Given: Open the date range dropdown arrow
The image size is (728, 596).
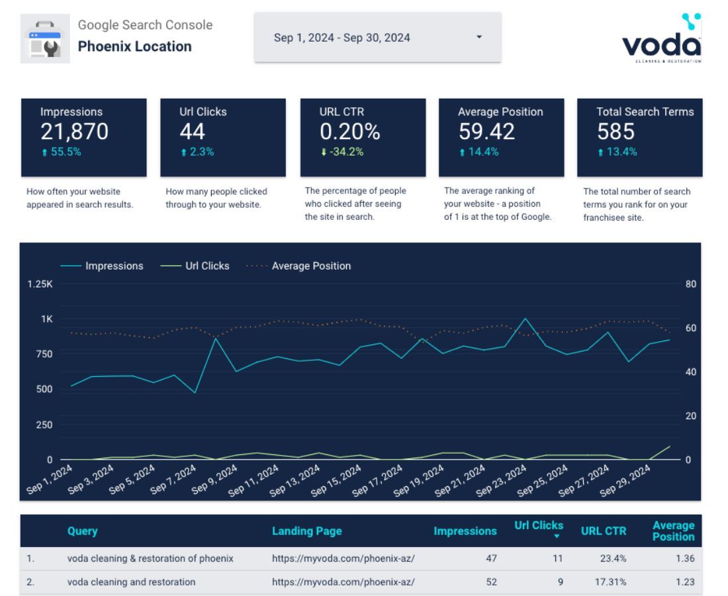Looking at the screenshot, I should tap(479, 37).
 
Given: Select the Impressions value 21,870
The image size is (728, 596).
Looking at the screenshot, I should tap(74, 132).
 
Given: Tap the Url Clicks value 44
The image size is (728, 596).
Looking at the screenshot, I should tap(193, 132).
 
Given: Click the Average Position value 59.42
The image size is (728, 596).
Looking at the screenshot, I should tap(486, 132).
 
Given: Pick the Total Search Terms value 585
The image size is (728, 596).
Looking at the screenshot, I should tap(615, 132).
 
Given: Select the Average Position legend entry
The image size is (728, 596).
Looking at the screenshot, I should tap(311, 266).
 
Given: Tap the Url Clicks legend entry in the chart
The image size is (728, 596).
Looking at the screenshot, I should tap(207, 266).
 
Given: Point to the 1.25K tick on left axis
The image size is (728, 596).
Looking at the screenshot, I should tap(40, 284).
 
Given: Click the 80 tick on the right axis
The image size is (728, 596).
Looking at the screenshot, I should tap(691, 284).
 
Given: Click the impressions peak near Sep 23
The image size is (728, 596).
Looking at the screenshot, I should tap(525, 319).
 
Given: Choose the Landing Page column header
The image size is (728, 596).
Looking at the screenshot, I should tap(306, 531).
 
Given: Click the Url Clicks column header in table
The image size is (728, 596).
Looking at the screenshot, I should tap(539, 526).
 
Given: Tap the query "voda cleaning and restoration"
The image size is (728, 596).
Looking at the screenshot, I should tap(131, 582).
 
